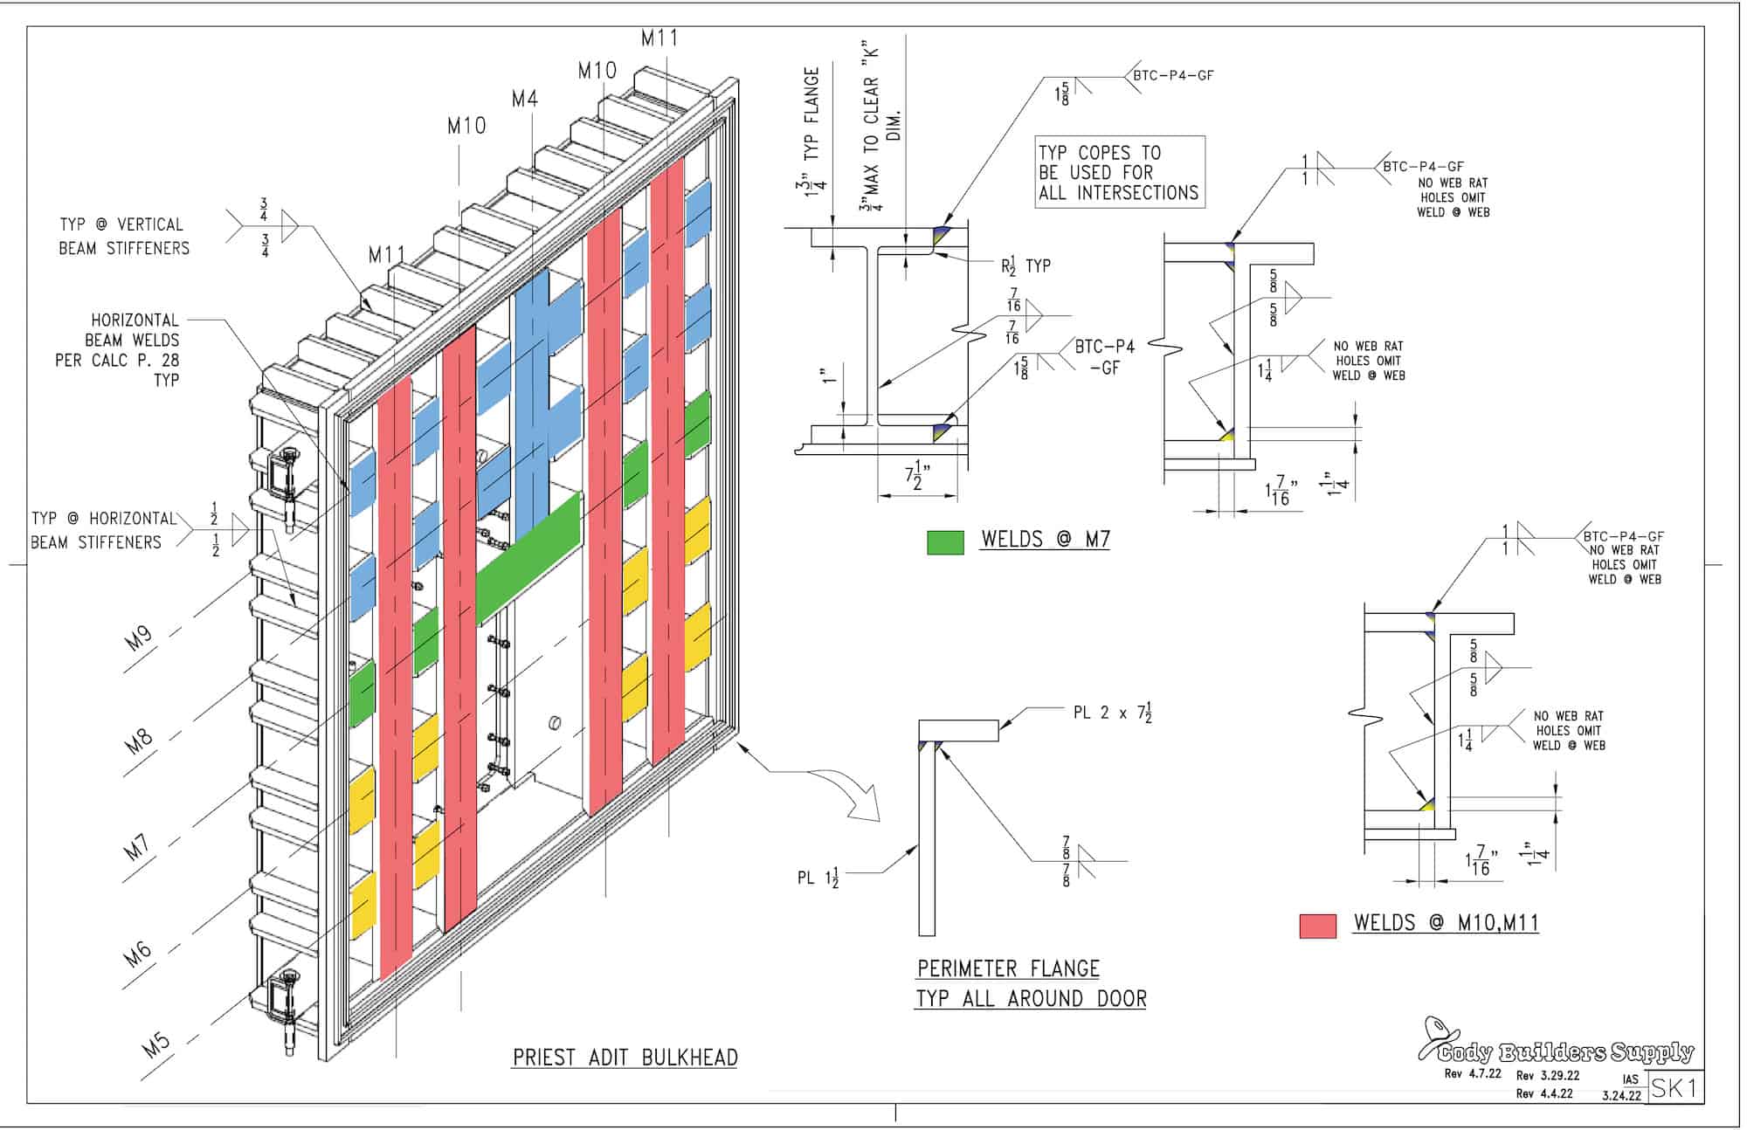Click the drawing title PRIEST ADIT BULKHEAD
pos(625,1058)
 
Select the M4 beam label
pos(524,99)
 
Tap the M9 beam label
pos(138,638)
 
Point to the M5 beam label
pos(156,1044)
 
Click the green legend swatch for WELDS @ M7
pos(945,542)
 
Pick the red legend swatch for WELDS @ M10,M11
pos(1317,926)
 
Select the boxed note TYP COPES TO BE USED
pos(1120,172)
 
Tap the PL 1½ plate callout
pos(818,878)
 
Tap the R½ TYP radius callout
pos(1025,265)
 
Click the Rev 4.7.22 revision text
pos(1473,1074)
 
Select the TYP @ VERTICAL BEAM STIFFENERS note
pos(124,237)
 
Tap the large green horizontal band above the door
pos(528,559)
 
